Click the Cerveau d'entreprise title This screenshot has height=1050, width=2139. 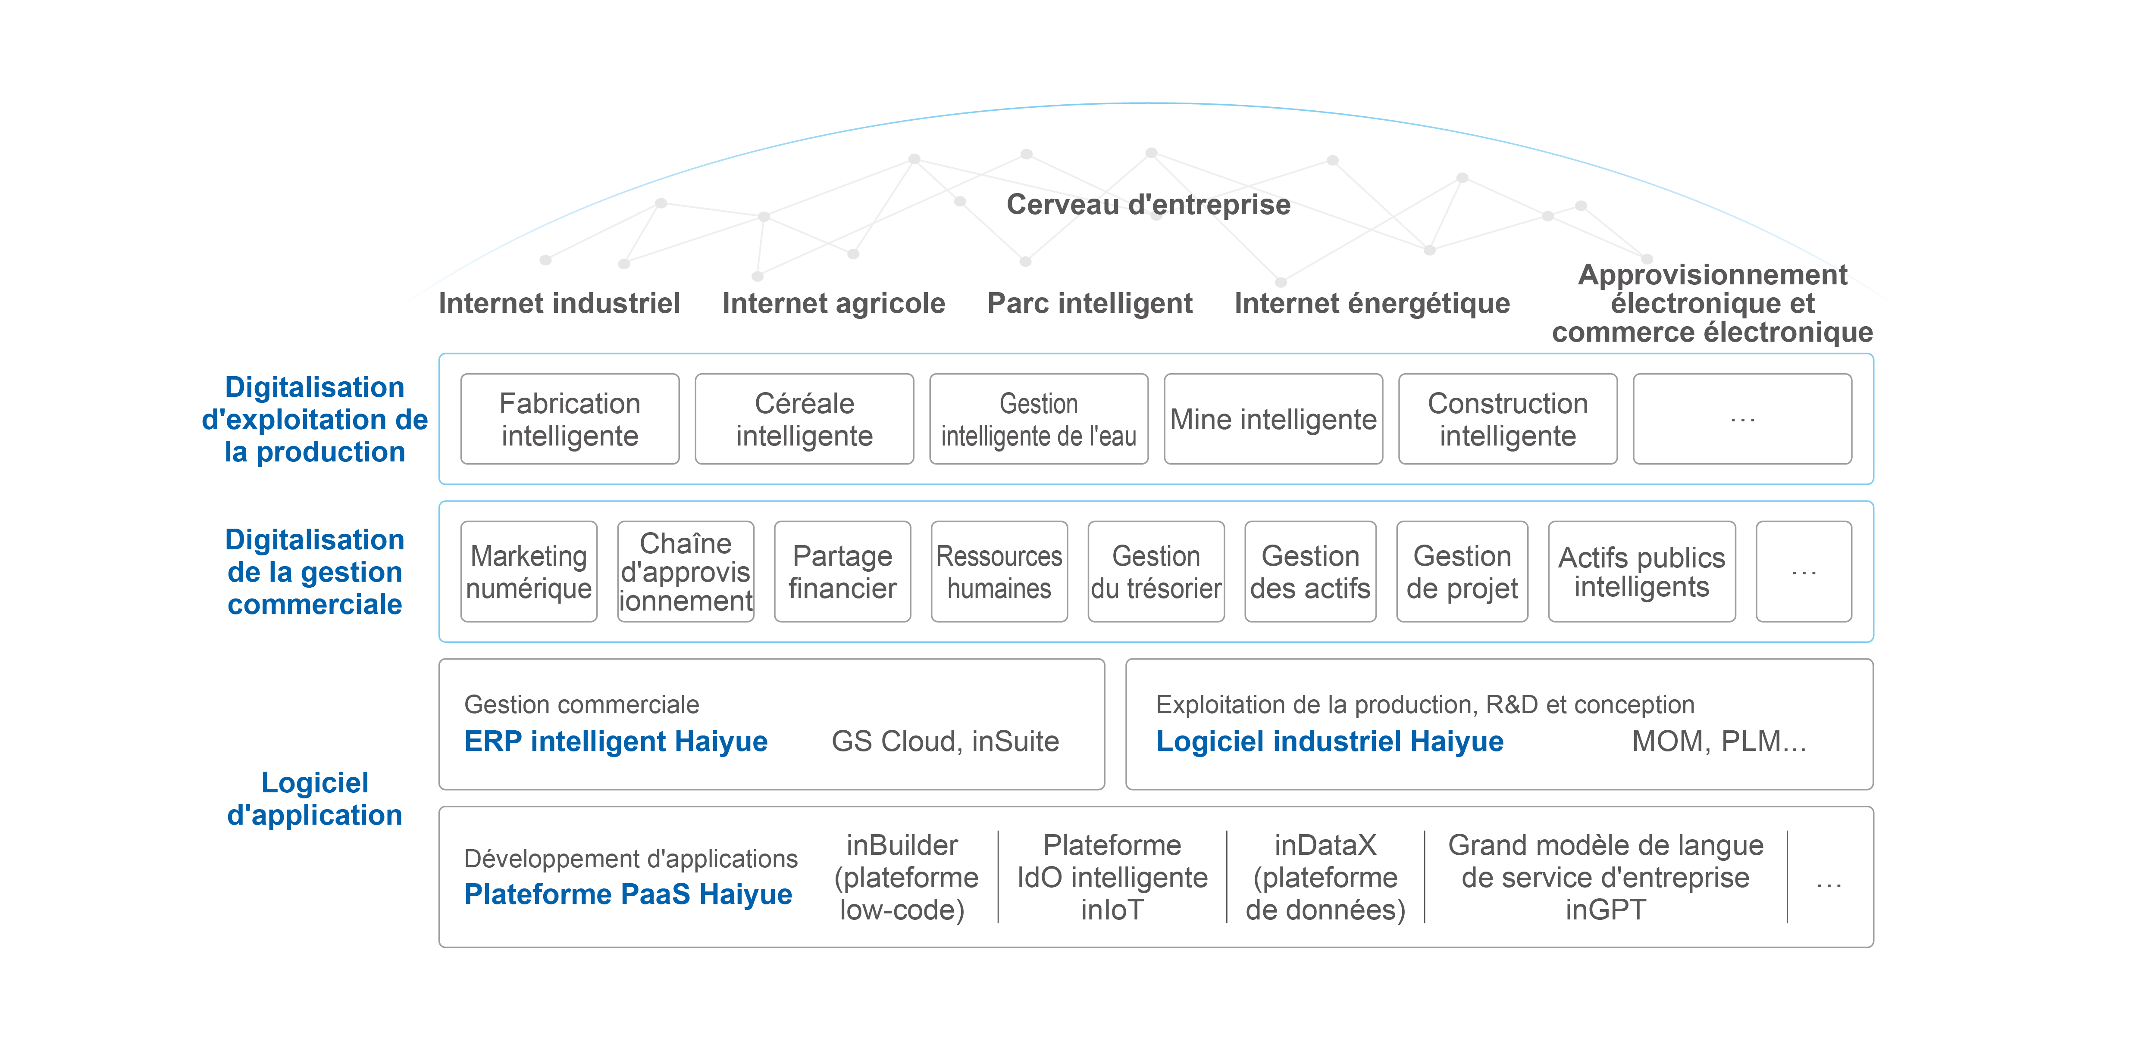1148,204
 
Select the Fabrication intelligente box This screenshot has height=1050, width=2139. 570,419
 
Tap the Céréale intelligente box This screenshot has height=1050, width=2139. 804,419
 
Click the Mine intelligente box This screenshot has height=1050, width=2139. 1273,419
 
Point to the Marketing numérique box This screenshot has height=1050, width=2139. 529,572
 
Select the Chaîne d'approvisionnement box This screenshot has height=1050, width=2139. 686,572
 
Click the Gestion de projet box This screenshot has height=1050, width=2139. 1462,572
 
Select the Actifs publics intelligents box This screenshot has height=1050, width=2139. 1641,572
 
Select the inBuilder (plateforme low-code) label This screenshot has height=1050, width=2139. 905,877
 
